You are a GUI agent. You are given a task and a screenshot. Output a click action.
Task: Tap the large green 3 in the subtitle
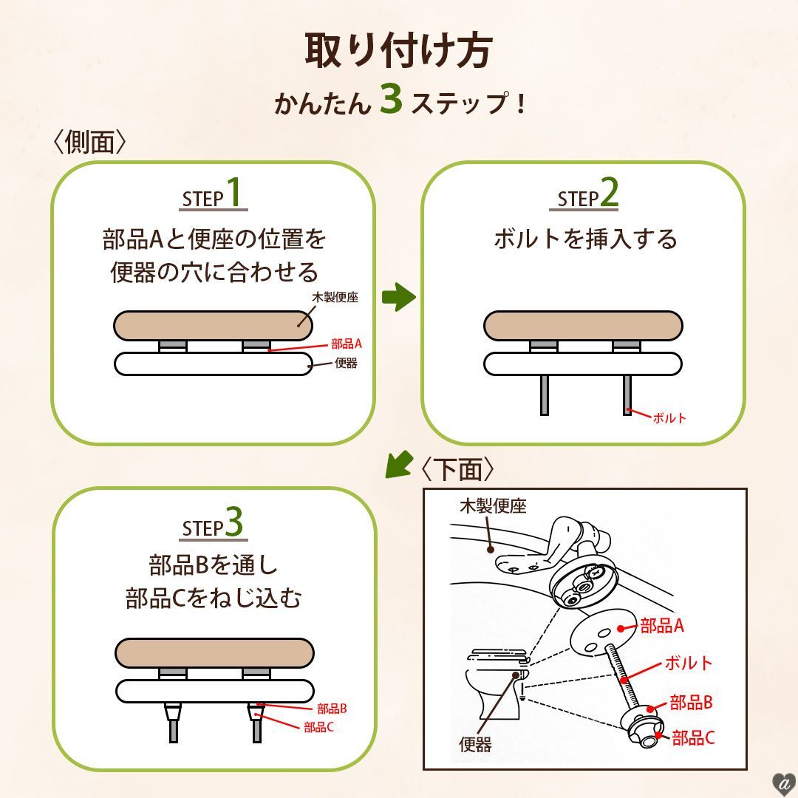(391, 100)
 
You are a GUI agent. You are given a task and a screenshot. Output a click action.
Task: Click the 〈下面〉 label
(457, 469)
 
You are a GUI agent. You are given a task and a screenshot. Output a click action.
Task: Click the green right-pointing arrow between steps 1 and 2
(398, 298)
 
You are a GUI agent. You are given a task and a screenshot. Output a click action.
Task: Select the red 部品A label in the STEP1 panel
(347, 344)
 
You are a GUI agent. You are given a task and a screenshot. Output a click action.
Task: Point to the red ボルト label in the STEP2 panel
(669, 418)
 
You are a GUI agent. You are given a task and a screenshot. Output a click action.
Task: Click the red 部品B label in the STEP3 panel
(332, 709)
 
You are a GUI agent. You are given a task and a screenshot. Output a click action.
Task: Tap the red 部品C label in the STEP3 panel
(319, 727)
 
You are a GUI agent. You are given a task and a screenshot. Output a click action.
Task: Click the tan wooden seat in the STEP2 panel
(583, 326)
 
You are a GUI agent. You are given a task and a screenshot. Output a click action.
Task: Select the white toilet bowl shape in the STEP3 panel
(214, 691)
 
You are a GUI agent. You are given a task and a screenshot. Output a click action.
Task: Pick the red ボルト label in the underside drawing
(689, 663)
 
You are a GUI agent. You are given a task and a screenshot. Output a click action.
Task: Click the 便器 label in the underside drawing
(475, 744)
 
